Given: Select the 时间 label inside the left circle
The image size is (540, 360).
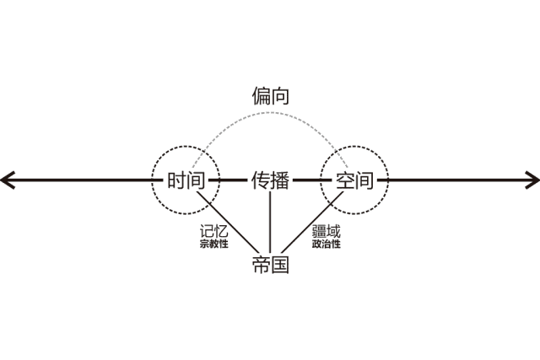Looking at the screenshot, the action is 186,180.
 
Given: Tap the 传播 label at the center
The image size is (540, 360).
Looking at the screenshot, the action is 270,180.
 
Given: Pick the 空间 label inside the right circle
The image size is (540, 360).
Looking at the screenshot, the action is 354,180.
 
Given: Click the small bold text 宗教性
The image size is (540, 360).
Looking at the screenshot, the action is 213,244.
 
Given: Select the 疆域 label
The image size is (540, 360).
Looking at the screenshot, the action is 326,231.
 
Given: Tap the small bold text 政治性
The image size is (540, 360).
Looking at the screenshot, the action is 326,244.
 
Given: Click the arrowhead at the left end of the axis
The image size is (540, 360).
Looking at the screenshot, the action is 7,180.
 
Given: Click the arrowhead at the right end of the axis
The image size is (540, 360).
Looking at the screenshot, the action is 533,180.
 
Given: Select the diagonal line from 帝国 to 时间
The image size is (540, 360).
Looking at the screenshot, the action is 228,222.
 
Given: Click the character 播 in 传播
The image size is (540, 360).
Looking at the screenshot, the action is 281,180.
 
